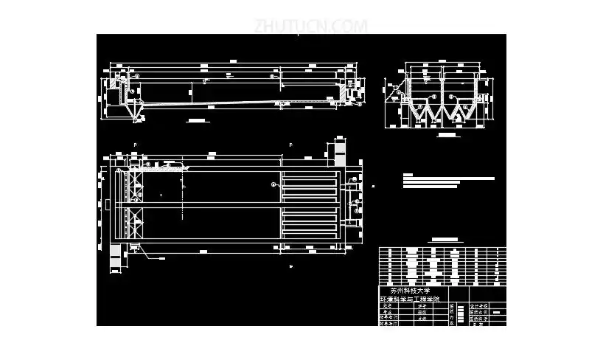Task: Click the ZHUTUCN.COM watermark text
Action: click(310, 26)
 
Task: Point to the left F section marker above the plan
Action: click(135, 145)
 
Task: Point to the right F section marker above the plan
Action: click(290, 145)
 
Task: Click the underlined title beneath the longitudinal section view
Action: click(195, 120)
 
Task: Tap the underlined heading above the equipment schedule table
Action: click(444, 240)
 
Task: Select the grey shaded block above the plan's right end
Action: click(340, 152)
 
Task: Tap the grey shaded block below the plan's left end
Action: click(116, 255)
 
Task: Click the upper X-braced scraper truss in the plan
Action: click(135, 184)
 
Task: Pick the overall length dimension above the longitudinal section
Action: click(231, 59)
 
